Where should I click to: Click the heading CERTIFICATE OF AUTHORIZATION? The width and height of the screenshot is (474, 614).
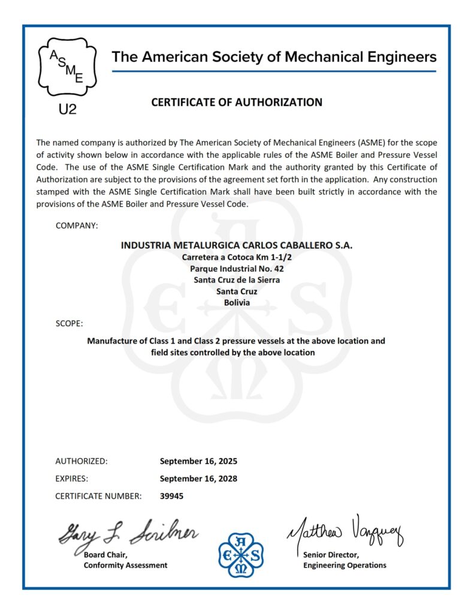pos(237,103)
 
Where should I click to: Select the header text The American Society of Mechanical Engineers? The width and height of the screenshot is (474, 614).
pos(274,58)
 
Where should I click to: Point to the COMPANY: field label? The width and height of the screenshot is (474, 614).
pos(77,225)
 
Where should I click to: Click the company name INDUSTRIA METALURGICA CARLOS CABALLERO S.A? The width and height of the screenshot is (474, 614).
pos(237,245)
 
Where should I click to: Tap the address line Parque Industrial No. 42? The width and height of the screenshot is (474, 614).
pos(237,268)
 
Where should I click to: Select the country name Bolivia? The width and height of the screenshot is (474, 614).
pos(237,302)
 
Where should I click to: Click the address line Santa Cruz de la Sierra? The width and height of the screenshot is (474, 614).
pos(237,279)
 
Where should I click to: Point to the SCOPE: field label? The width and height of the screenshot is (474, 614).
pos(69,324)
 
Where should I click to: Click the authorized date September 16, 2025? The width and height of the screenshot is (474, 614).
pos(198,461)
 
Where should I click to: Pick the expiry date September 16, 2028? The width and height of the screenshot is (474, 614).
pos(198,478)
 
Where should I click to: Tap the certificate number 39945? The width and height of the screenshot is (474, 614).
pos(172,496)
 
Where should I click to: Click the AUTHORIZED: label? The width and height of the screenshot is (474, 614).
pos(81,461)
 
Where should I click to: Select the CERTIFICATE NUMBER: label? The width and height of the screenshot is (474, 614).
pos(98,496)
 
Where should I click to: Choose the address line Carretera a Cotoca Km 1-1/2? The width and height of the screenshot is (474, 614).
pos(237,257)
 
